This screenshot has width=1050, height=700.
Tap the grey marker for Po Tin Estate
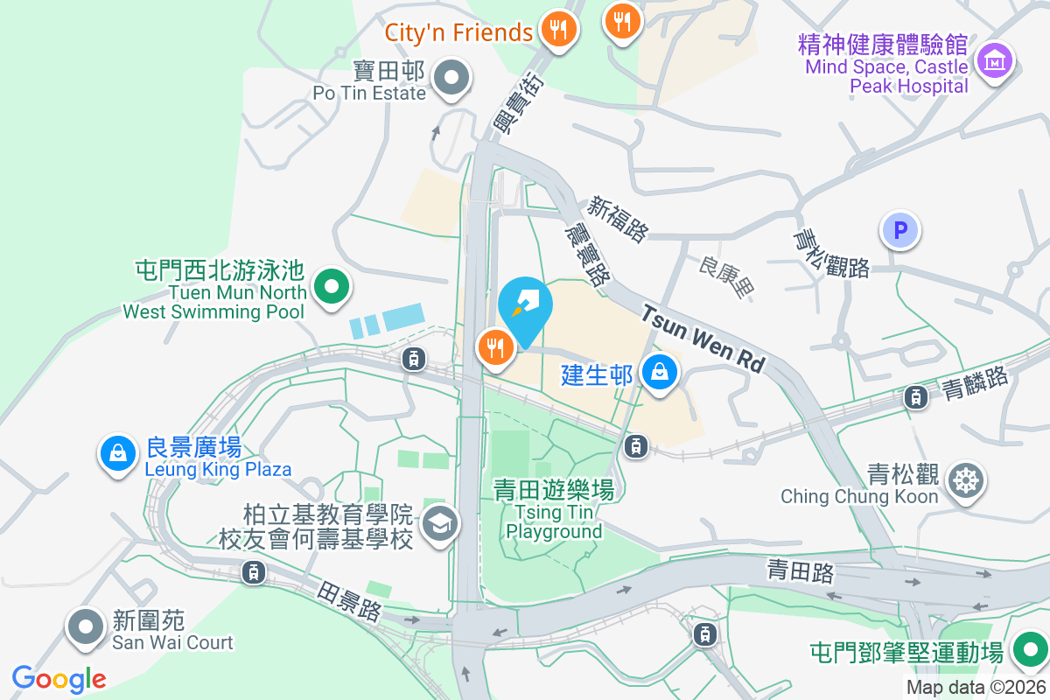click(x=451, y=77)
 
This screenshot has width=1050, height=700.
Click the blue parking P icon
click(x=900, y=231)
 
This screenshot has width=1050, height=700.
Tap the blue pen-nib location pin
click(x=525, y=303)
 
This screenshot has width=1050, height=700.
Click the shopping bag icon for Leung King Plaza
click(x=116, y=452)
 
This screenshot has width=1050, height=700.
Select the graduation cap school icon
click(x=437, y=524)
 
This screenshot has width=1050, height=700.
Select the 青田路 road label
click(x=801, y=572)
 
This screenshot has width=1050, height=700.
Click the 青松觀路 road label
click(x=831, y=253)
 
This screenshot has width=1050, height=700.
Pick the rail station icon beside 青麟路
click(x=915, y=397)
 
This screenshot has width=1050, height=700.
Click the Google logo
click(x=59, y=679)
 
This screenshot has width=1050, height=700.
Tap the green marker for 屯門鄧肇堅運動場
click(x=1029, y=650)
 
